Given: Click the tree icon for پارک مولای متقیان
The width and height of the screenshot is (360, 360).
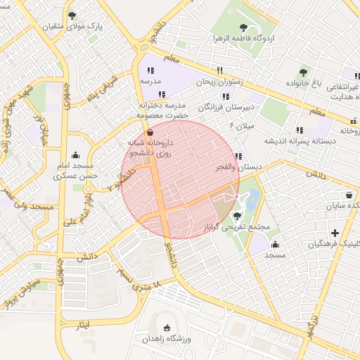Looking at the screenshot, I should (72, 15).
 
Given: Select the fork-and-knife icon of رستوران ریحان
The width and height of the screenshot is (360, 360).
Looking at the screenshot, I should (220, 70).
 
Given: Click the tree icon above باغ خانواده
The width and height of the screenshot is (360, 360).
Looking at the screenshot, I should (303, 72).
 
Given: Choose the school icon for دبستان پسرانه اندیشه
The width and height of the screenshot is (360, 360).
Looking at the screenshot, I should (300, 130).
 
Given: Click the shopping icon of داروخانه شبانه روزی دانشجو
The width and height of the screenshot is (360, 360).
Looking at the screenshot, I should (149, 132).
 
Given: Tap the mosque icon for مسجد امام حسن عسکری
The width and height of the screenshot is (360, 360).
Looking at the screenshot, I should (76, 155).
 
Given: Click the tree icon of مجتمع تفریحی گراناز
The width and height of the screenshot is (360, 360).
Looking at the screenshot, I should (236, 216).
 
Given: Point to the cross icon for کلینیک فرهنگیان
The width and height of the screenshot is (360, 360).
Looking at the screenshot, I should (335, 233).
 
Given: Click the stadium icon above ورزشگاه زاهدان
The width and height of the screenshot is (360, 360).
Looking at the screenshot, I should (167, 328).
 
